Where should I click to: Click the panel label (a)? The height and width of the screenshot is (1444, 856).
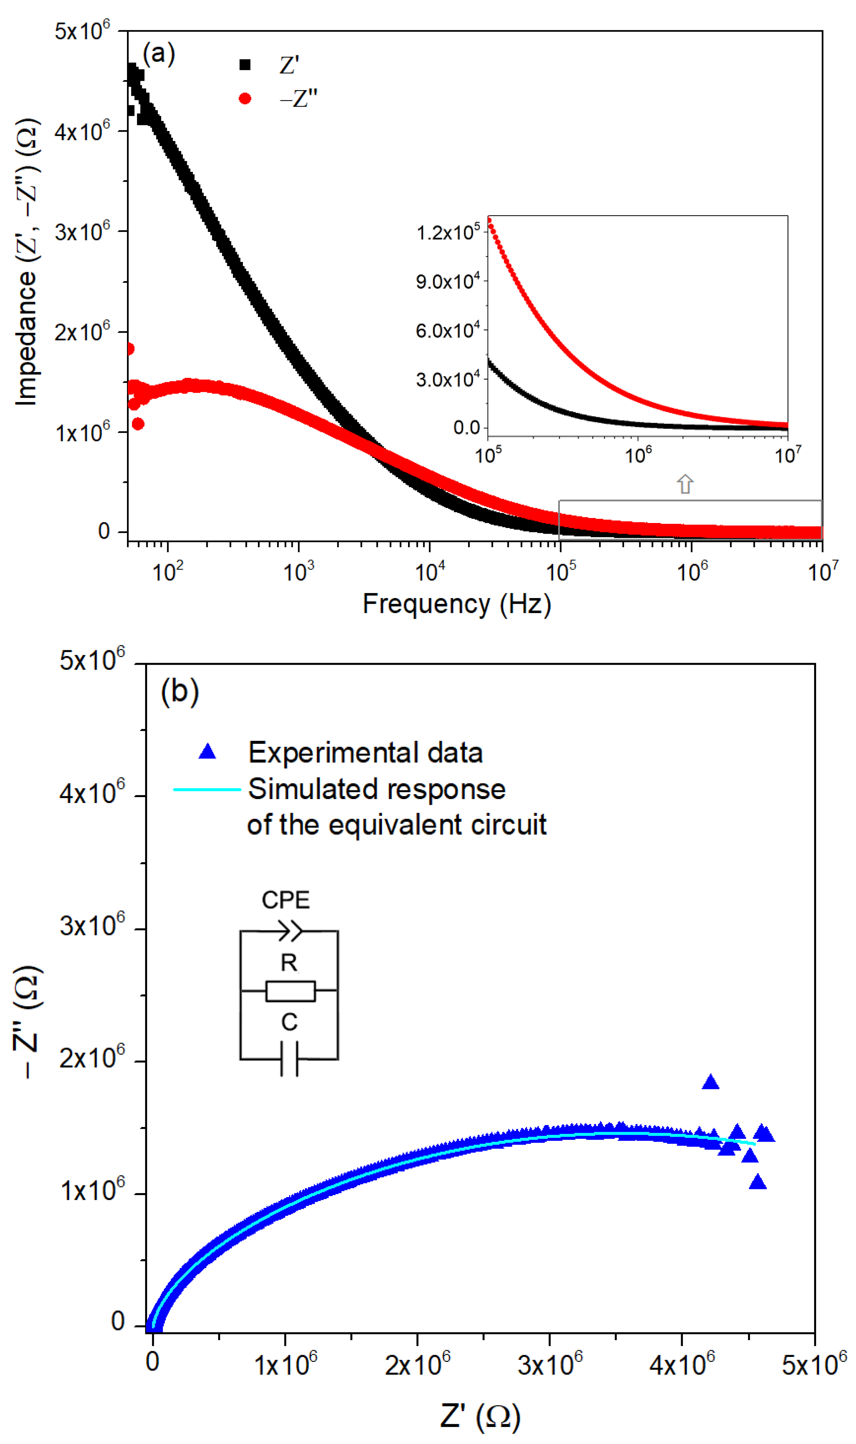point(158,54)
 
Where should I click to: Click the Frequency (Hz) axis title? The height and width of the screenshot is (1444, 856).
point(456,604)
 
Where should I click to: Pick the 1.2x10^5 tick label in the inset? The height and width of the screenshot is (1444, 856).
point(448,233)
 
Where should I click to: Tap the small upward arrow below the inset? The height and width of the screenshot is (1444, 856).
point(685,483)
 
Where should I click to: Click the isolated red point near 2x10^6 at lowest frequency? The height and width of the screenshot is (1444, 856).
point(130,349)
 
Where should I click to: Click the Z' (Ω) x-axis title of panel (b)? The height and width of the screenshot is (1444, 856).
point(480,1416)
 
